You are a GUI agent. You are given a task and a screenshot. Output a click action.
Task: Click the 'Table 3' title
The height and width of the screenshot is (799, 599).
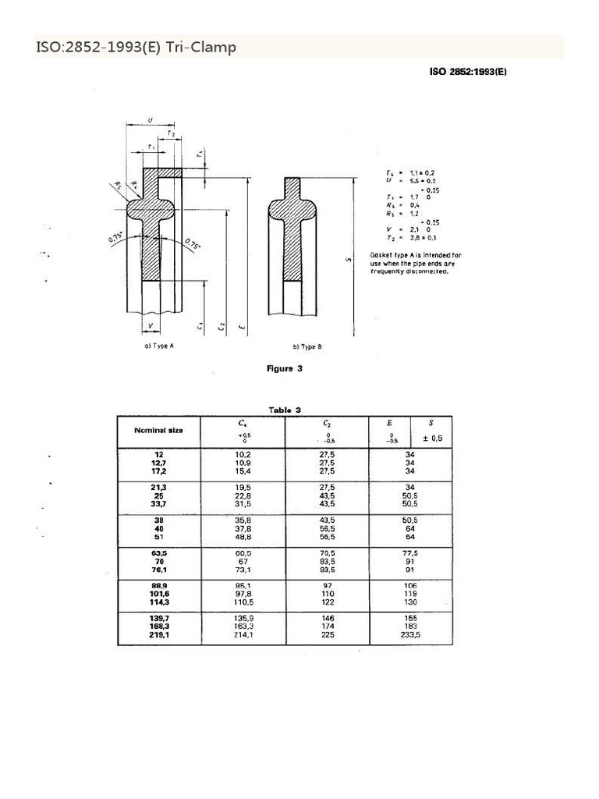(x=285, y=410)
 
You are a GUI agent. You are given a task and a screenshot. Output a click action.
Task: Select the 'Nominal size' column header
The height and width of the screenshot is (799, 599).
(x=158, y=431)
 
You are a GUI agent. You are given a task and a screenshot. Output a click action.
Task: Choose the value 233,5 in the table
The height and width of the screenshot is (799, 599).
(x=410, y=635)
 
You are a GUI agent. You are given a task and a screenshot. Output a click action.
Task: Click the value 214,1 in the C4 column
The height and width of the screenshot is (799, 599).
(x=244, y=635)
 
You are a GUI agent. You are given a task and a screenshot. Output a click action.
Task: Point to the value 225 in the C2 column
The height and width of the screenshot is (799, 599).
(x=328, y=635)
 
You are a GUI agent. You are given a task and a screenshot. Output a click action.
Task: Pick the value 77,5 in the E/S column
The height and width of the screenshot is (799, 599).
(x=410, y=552)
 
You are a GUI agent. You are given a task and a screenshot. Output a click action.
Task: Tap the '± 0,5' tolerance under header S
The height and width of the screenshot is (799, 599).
(x=431, y=439)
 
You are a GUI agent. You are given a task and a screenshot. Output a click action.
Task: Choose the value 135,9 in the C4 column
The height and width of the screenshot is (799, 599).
(x=244, y=618)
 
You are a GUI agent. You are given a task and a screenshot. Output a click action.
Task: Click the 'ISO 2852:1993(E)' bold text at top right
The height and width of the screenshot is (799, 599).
(x=468, y=72)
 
